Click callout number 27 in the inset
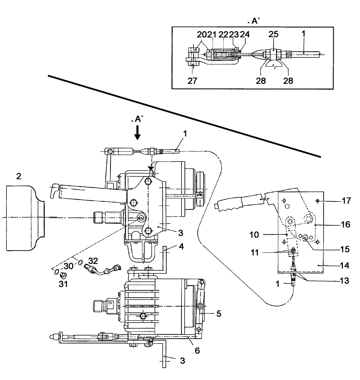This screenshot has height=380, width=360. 193,81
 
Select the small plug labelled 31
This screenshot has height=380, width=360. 64,275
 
